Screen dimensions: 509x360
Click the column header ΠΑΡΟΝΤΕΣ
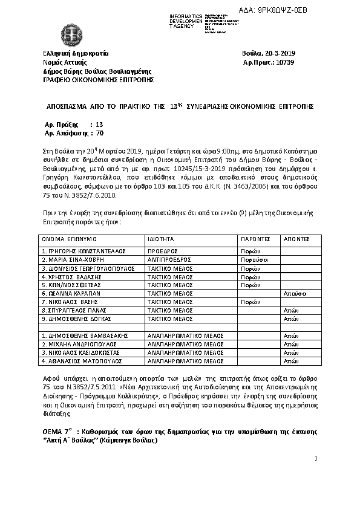click(255, 239)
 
